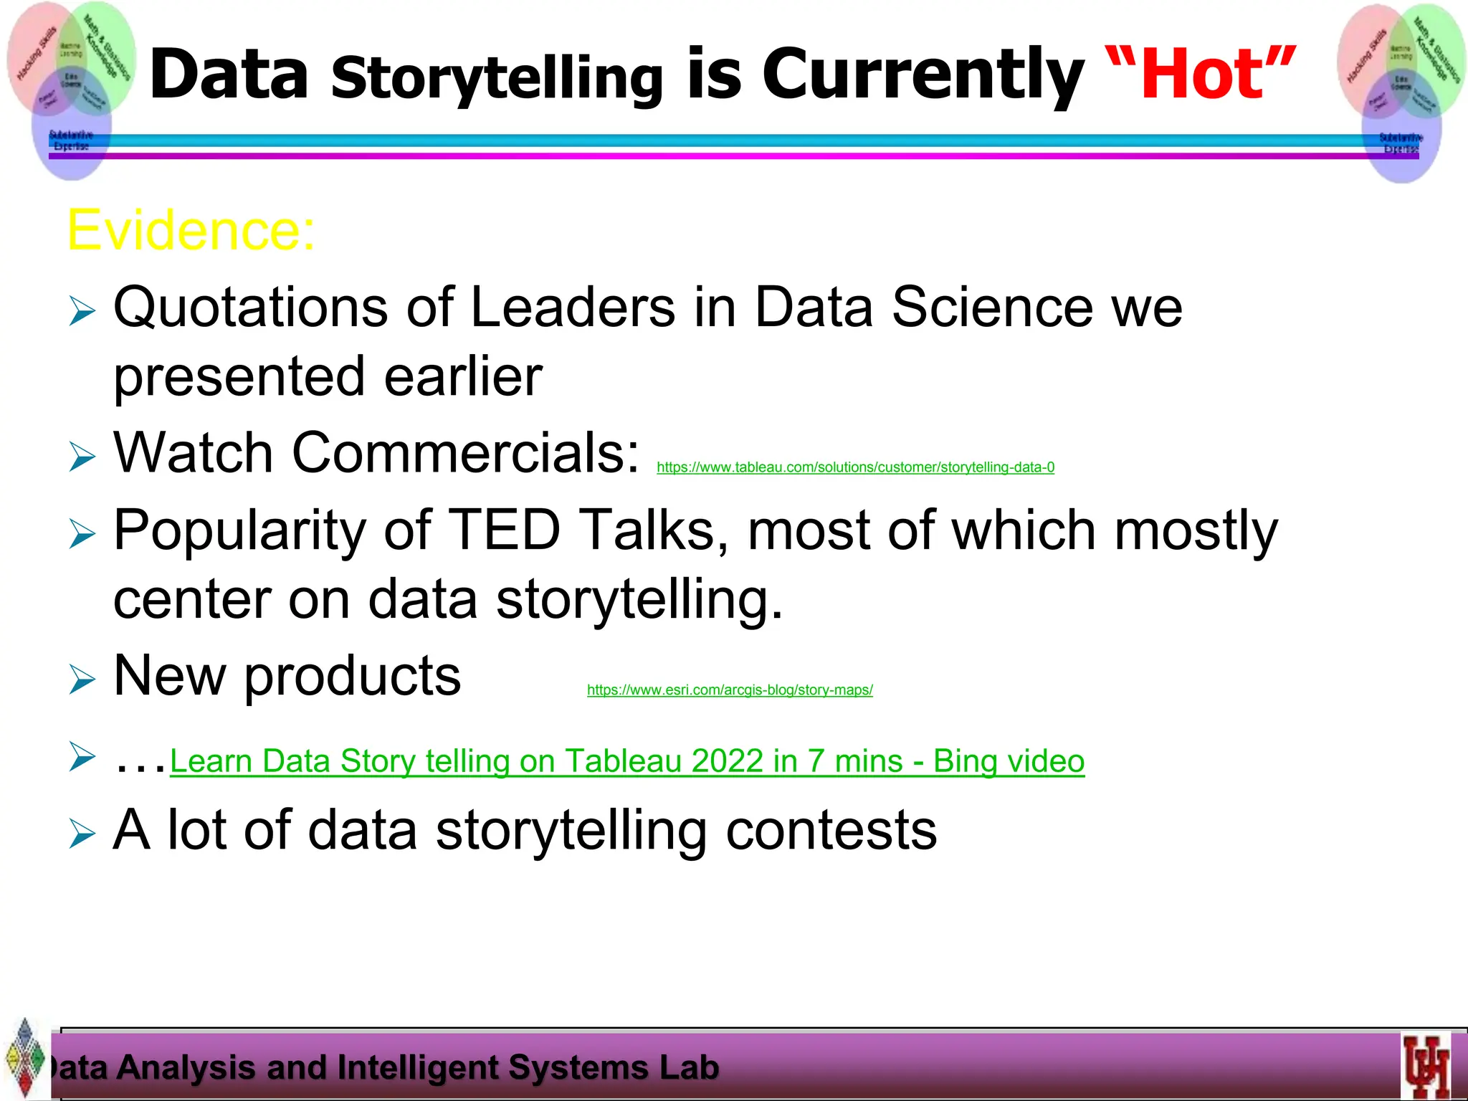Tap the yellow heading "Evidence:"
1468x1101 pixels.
tap(191, 230)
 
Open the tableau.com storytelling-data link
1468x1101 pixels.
tap(855, 467)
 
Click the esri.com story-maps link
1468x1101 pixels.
tap(730, 690)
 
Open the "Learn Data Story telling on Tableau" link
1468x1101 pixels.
tap(626, 761)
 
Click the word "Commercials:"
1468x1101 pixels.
tap(465, 453)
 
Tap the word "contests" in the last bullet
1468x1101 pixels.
tap(831, 830)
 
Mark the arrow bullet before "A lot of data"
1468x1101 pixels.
tap(82, 833)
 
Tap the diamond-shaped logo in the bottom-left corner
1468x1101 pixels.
tap(24, 1057)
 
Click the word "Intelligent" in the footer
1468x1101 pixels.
tap(419, 1067)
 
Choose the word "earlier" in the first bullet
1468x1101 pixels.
tap(463, 376)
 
